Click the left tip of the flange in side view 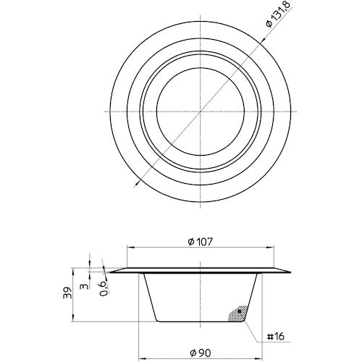[109, 273]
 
